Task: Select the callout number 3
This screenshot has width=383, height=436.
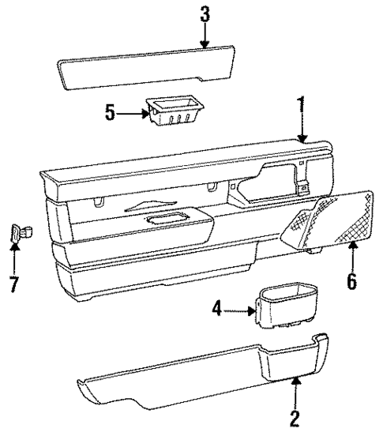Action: tap(205, 13)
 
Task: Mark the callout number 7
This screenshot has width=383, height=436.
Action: tap(13, 283)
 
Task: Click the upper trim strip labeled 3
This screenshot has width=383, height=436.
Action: tap(146, 68)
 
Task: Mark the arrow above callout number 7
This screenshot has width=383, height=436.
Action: tap(13, 257)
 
